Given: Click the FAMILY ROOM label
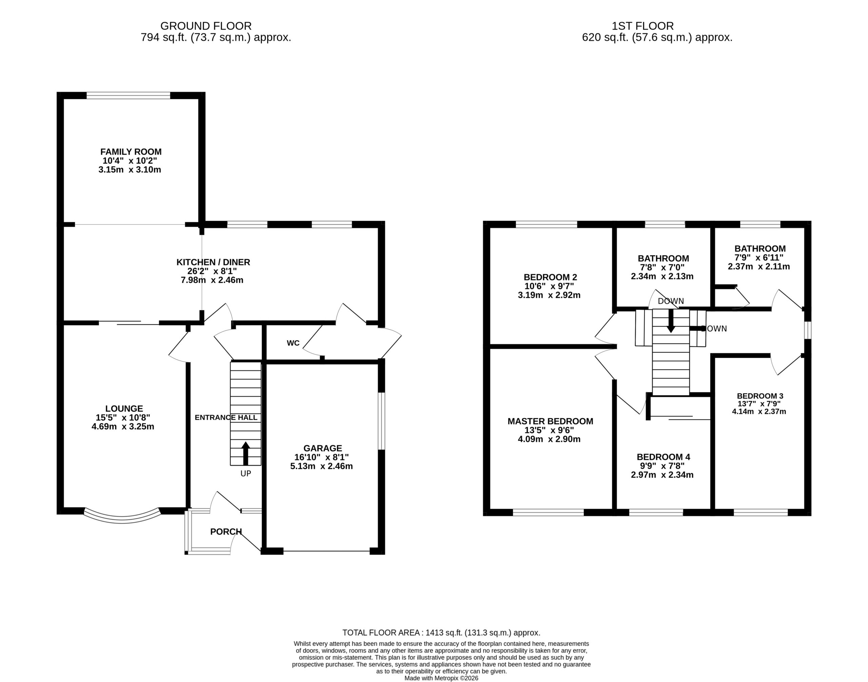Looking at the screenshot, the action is [x=131, y=152].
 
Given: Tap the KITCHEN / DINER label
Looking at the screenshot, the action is [x=213, y=262].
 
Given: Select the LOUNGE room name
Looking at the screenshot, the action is [x=124, y=409].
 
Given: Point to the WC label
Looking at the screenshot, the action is [x=293, y=343].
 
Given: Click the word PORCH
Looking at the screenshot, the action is [x=226, y=531].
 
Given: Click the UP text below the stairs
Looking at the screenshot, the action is [x=246, y=474].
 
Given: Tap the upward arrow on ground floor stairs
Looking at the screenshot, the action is [x=246, y=453].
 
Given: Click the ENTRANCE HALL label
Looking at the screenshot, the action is [x=226, y=418].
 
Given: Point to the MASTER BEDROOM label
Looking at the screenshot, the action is [x=551, y=421].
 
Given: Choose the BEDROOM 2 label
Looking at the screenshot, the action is [x=551, y=277].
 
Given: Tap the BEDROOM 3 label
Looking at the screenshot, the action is [x=760, y=396].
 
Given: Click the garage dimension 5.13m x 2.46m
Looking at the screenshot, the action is [x=321, y=466].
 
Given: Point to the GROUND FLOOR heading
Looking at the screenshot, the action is [x=206, y=26].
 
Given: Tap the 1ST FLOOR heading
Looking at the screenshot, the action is [x=643, y=26].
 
